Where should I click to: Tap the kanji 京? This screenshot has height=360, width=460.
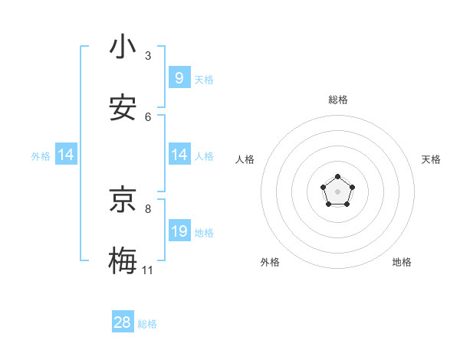[x=123, y=201]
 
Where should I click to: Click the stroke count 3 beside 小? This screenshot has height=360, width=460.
[x=148, y=56]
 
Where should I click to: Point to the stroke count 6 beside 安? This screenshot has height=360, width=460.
[x=148, y=116]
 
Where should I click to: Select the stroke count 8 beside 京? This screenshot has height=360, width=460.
[x=148, y=208]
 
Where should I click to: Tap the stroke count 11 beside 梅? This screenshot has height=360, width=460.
[x=147, y=270]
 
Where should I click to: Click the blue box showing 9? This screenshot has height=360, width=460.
[x=179, y=78]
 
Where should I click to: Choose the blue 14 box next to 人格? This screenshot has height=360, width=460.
[x=179, y=155]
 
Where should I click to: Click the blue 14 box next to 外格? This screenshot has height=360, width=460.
[x=66, y=155]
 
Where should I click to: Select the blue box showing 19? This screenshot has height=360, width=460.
[x=179, y=231]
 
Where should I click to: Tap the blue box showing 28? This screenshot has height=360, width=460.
[x=123, y=322]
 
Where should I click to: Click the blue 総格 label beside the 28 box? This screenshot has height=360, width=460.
[x=147, y=324]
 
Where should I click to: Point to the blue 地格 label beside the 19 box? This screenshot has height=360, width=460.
[x=204, y=233]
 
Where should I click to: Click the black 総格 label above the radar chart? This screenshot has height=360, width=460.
[x=338, y=100]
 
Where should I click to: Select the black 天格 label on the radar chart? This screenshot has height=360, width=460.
[x=432, y=159]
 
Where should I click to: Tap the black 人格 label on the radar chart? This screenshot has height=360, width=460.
[x=245, y=159]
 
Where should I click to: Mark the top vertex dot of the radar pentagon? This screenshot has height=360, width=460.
[x=337, y=177]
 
